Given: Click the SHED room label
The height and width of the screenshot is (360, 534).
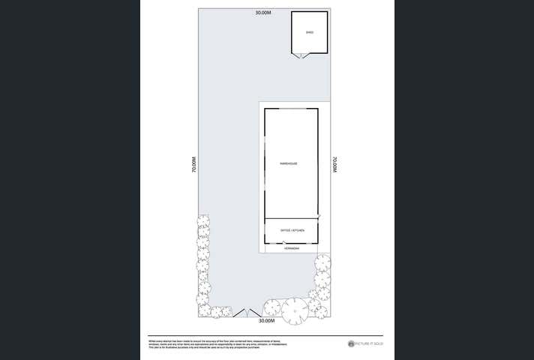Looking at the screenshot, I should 309,32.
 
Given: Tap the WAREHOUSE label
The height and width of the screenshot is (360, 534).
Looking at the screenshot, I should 288,163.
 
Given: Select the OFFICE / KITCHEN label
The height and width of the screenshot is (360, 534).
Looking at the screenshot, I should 292,230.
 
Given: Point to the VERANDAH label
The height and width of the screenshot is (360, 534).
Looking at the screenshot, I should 292,248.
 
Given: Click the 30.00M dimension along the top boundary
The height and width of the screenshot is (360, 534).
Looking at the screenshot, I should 262,13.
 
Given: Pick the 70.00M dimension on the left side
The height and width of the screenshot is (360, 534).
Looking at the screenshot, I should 193,165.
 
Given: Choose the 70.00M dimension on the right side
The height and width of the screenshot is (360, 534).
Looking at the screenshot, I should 335,165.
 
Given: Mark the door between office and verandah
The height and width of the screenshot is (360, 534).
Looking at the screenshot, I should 283,241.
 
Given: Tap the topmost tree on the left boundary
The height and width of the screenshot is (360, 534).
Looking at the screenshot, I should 202,221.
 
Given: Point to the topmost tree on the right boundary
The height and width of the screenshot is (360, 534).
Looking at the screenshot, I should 322,262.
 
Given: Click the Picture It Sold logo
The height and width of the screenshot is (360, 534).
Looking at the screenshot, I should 365,343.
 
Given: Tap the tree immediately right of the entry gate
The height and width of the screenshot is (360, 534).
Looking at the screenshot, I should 271,306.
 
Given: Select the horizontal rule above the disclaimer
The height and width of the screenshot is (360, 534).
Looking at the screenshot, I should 266,335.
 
